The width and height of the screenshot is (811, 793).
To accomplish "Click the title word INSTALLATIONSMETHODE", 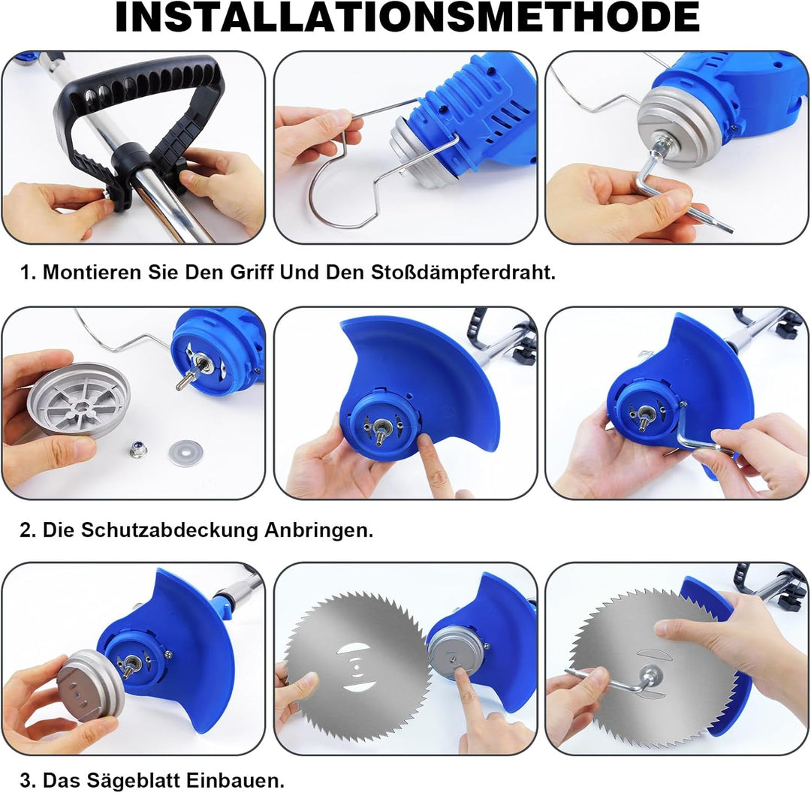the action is click(407, 17).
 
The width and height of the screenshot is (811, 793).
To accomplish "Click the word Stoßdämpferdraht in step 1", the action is click(463, 272).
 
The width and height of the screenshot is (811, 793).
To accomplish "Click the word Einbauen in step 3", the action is click(235, 779).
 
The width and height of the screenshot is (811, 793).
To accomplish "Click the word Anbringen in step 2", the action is click(318, 529).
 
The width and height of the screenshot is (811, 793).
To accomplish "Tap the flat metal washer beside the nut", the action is click(185, 453).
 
